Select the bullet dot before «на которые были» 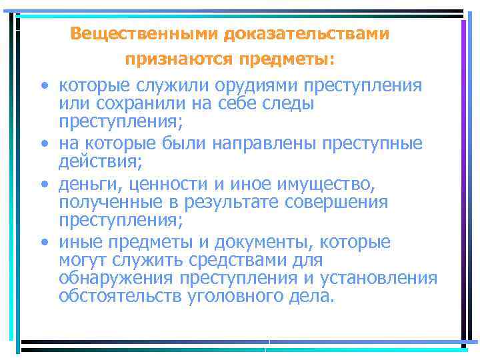tap(43, 143)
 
